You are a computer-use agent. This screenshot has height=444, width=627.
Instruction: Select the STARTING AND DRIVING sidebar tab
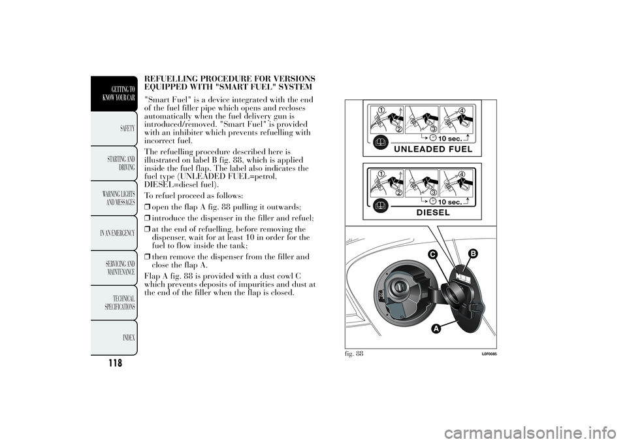[x=121, y=163]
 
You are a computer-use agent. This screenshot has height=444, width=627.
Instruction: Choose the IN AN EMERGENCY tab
[x=118, y=233]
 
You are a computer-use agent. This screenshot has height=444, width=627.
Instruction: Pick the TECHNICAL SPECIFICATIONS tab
[x=120, y=302]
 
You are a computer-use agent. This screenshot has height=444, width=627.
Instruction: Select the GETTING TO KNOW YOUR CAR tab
[x=119, y=94]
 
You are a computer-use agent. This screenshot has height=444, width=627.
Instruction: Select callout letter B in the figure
[x=472, y=252]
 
